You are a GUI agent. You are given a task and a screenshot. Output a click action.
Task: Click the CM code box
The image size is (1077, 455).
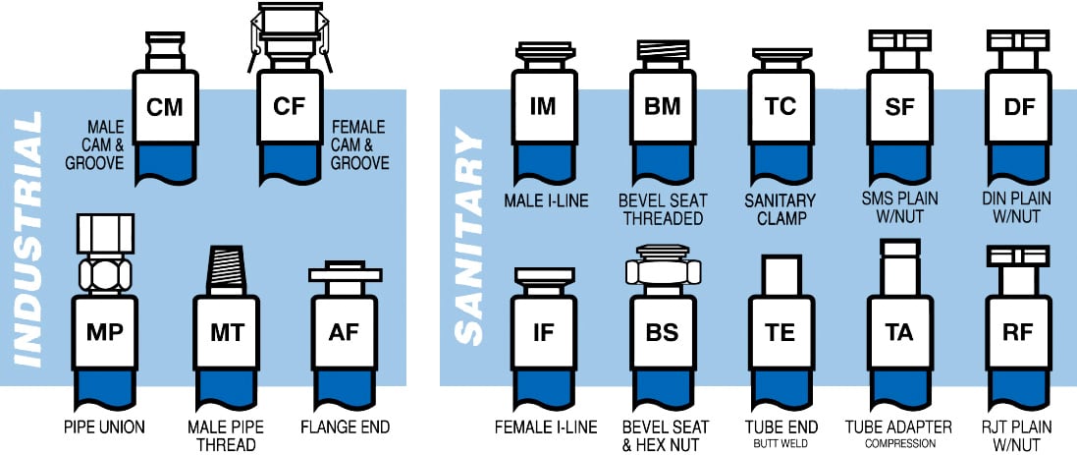[x=164, y=107]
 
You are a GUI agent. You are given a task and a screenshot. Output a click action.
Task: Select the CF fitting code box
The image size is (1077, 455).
[x=290, y=107]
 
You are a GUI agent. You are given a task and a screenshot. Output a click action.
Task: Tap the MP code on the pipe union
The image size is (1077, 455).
[x=103, y=332]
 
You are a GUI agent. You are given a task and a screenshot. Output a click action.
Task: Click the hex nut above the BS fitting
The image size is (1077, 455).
[x=663, y=270]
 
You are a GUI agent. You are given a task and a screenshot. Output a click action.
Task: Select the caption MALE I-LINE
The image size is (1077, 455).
[x=546, y=200]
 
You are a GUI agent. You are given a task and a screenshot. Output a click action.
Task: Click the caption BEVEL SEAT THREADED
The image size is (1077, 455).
[x=663, y=208]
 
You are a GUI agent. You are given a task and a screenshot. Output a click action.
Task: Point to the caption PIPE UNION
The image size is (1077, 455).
[x=103, y=427]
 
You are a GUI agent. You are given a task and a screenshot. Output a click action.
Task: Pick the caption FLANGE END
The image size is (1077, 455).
[x=344, y=427]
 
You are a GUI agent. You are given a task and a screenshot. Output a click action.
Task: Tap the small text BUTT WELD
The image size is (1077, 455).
[x=781, y=444]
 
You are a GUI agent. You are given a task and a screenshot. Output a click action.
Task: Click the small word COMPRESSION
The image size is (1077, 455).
[x=898, y=444]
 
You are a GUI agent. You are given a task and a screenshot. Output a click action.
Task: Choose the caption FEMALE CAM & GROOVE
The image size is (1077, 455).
[x=360, y=145]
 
